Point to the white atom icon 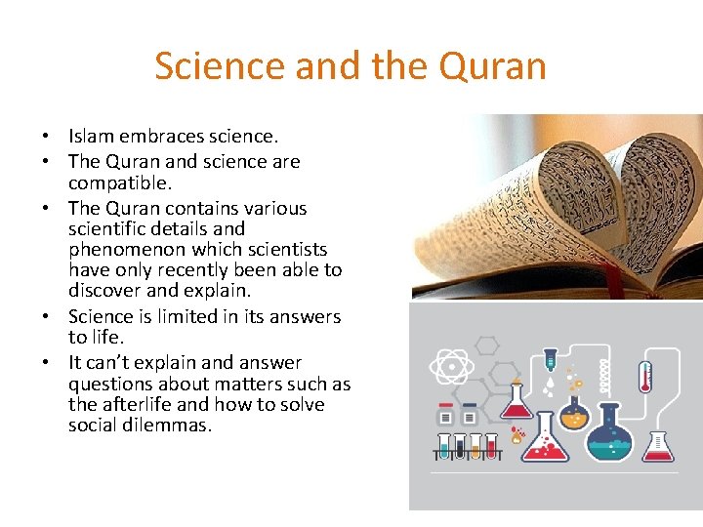click(451, 368)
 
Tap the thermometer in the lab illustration click(644, 376)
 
